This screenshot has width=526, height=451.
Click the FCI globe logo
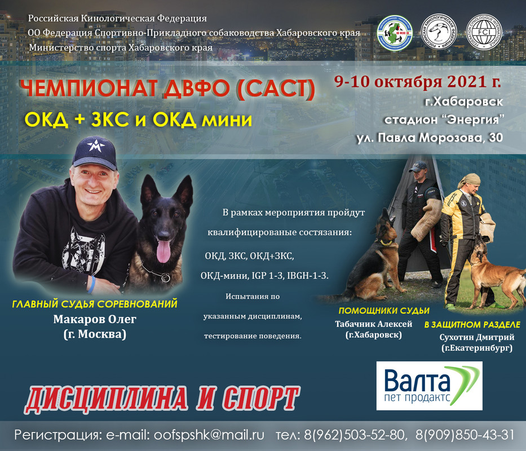484,32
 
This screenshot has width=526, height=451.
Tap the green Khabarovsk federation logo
395,33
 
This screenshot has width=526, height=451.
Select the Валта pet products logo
430,386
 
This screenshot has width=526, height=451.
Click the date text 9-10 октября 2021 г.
418,81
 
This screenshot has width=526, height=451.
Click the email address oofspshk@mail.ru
209,435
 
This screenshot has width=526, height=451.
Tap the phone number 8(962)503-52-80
354,435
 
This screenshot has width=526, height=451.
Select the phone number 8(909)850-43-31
465,435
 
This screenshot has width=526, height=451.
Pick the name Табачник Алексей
373,324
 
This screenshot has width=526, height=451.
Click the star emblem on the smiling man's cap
96,146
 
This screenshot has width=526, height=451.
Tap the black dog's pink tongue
163,251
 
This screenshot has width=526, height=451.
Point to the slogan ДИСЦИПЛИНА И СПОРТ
162,399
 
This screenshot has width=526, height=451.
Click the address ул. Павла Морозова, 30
430,138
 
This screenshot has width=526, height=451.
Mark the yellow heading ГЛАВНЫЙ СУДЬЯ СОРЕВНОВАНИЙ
95,304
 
